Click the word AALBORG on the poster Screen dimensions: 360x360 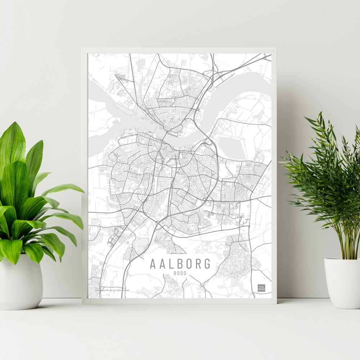[180, 264]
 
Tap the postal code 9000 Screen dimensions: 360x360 [180, 273]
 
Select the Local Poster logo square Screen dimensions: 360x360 [261, 288]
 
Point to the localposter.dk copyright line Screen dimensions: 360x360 [112, 289]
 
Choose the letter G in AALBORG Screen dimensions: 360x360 [207, 264]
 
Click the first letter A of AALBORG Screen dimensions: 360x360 [153, 264]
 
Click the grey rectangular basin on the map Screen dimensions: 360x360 [231, 148]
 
